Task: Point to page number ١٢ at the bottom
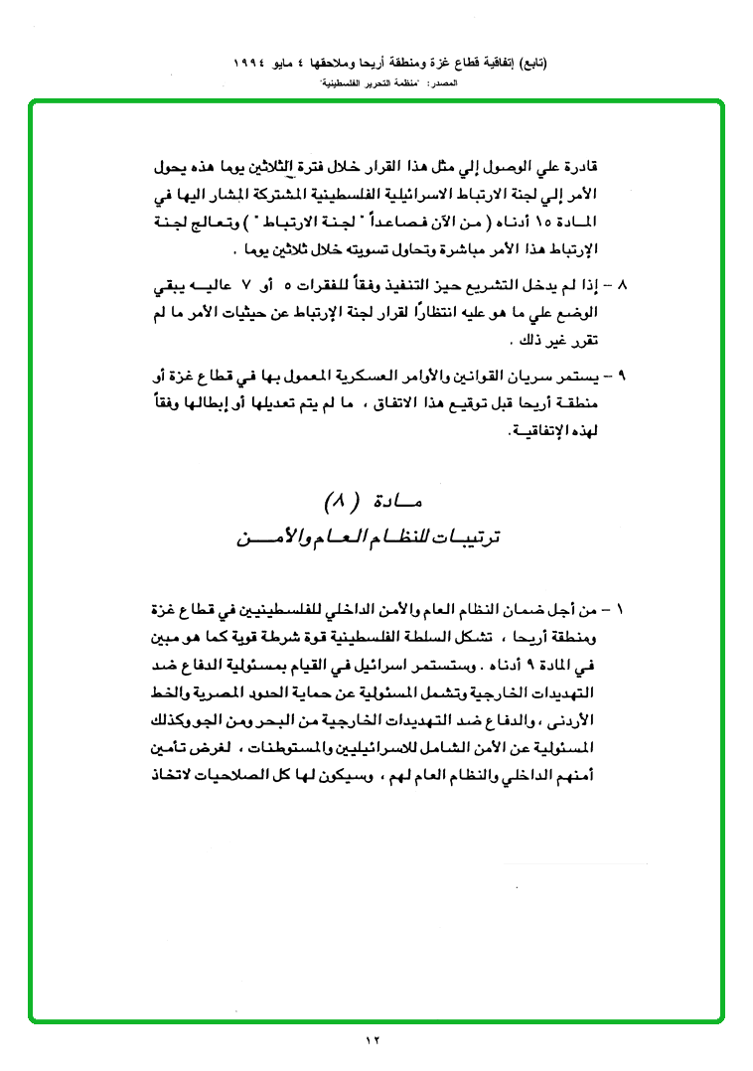click(x=373, y=1040)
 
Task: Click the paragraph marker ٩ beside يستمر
click(x=621, y=378)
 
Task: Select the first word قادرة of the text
click(x=582, y=165)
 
